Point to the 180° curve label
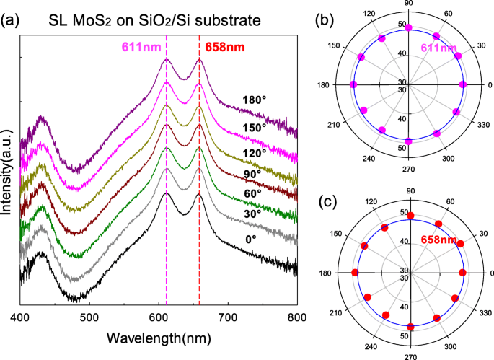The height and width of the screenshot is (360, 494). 257,100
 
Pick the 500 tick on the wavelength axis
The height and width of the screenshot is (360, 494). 89,317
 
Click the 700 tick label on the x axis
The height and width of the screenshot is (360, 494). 229,317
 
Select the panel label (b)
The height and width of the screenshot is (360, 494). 334,21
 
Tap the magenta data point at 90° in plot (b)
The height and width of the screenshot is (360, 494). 409,28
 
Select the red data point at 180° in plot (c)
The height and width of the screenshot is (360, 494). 354,272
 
